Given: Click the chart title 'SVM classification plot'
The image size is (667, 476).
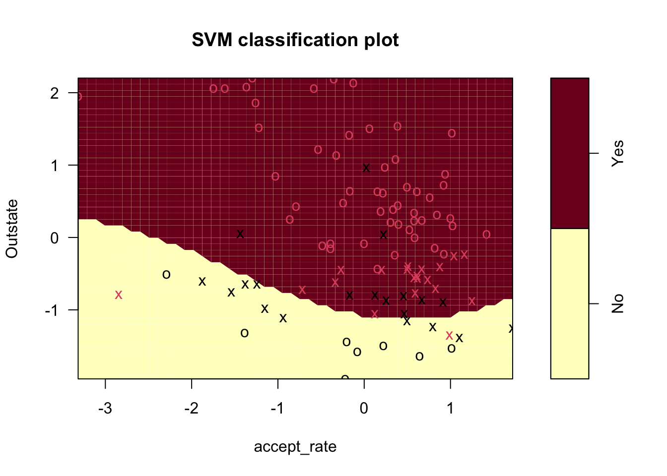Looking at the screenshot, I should [x=295, y=40].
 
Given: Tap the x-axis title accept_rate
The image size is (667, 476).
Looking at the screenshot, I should [x=295, y=447].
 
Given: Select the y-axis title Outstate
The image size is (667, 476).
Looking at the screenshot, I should [x=12, y=229].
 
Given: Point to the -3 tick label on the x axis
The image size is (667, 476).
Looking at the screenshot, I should [x=105, y=408].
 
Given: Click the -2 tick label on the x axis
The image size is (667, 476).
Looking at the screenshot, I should [x=191, y=408].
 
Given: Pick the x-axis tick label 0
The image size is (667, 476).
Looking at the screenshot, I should [x=364, y=408].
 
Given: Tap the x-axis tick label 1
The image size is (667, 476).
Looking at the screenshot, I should [x=451, y=408].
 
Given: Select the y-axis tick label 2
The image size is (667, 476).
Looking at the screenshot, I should [x=55, y=93].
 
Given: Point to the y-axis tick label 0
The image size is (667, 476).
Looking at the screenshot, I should [x=55, y=238].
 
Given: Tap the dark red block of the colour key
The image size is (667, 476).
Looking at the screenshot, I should [x=570, y=153].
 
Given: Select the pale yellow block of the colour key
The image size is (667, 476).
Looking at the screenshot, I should [x=570, y=303].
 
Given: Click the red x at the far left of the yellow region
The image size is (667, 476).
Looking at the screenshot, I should [x=119, y=295].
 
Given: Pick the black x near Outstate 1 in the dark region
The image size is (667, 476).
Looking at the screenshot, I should [x=366, y=168].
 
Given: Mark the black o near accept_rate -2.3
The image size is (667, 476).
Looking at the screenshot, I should [x=166, y=275].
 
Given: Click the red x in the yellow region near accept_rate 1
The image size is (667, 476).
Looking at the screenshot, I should [x=450, y=335].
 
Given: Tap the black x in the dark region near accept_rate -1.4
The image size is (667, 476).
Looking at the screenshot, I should [x=240, y=234].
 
